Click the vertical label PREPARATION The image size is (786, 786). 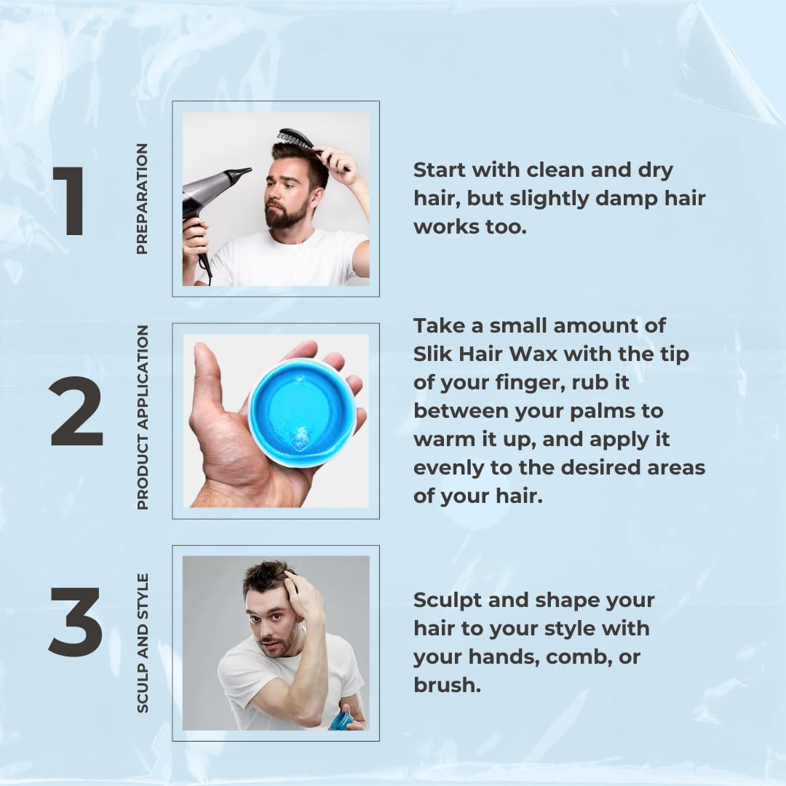coord(142,199)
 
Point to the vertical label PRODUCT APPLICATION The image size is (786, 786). coord(142,417)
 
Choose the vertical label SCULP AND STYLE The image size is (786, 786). coord(142,643)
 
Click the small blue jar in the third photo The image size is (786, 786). coord(341,720)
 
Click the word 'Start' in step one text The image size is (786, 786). coord(441,170)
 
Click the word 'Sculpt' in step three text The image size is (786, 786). coord(448,600)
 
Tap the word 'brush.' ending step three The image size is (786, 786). coord(447,686)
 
